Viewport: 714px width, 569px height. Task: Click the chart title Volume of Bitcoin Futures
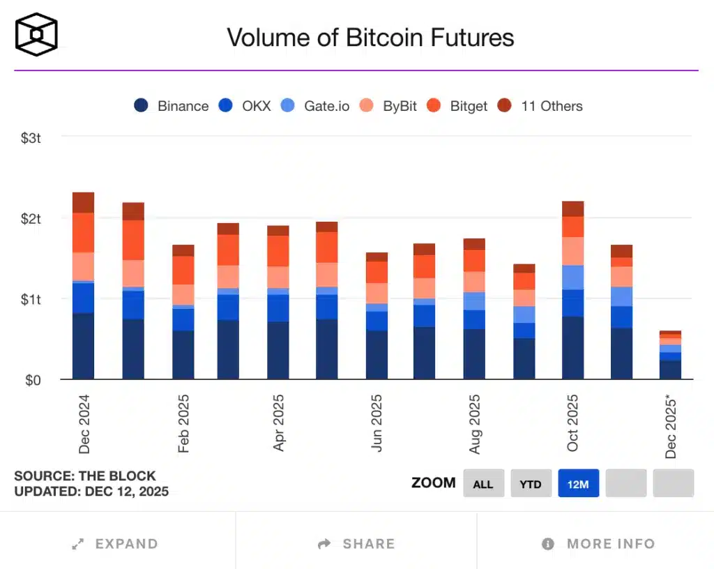370,37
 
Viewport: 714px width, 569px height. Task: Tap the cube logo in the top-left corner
36,33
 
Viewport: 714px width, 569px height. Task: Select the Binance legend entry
172,106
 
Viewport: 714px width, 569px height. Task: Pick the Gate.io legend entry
315,106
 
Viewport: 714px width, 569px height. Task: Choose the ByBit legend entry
388,106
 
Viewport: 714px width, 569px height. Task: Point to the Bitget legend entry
457,106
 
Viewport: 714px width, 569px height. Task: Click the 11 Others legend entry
540,106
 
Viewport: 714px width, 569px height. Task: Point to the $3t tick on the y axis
30,138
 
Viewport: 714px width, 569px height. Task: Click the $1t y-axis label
30,300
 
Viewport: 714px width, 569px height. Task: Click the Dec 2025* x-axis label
671,426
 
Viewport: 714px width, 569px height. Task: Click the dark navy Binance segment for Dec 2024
83,346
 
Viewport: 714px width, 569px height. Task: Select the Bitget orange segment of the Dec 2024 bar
83,232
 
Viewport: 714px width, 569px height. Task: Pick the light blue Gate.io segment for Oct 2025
572,278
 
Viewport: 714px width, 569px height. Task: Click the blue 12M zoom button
578,483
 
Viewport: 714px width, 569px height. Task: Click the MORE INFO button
598,544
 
